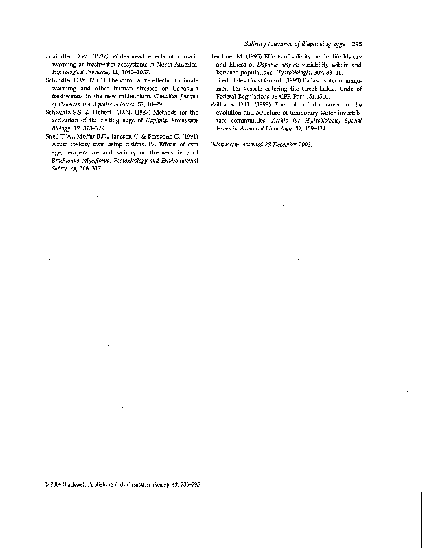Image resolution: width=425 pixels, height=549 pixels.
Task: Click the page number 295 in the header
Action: (x=356, y=44)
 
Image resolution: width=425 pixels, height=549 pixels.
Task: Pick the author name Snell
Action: (x=51, y=136)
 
